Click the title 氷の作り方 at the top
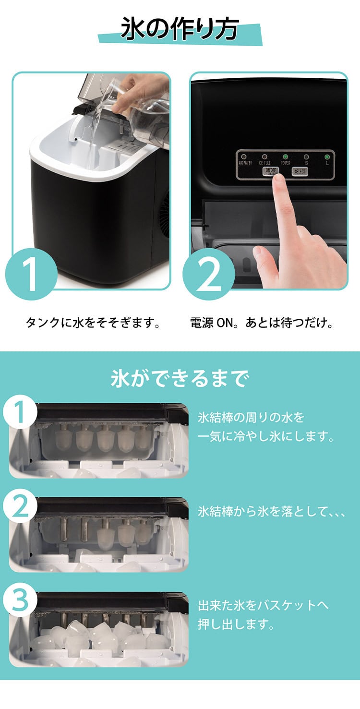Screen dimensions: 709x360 click(180, 30)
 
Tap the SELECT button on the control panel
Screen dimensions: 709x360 click(300, 171)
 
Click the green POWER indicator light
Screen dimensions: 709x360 click(285, 156)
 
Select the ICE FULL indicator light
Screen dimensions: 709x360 click(264, 156)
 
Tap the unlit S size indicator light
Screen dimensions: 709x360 click(306, 156)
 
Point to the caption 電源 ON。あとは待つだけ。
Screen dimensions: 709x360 click(262, 323)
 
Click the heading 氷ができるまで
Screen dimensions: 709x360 click(180, 379)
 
